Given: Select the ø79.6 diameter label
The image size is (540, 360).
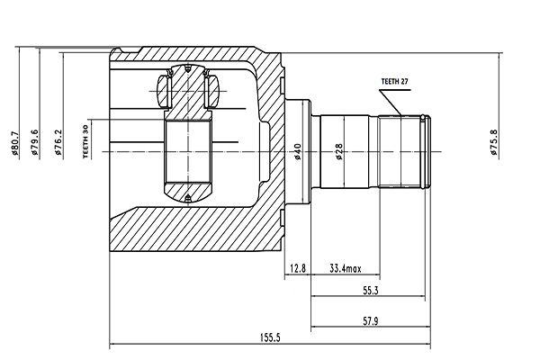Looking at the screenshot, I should [35, 144].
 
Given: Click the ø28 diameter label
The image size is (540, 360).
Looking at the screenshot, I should [339, 152].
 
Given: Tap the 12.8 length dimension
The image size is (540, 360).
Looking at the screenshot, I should [299, 268].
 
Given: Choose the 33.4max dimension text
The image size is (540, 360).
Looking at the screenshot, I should [346, 268].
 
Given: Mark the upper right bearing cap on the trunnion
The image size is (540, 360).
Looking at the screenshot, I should [214, 90].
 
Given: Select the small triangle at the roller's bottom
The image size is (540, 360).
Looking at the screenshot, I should [187, 197].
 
